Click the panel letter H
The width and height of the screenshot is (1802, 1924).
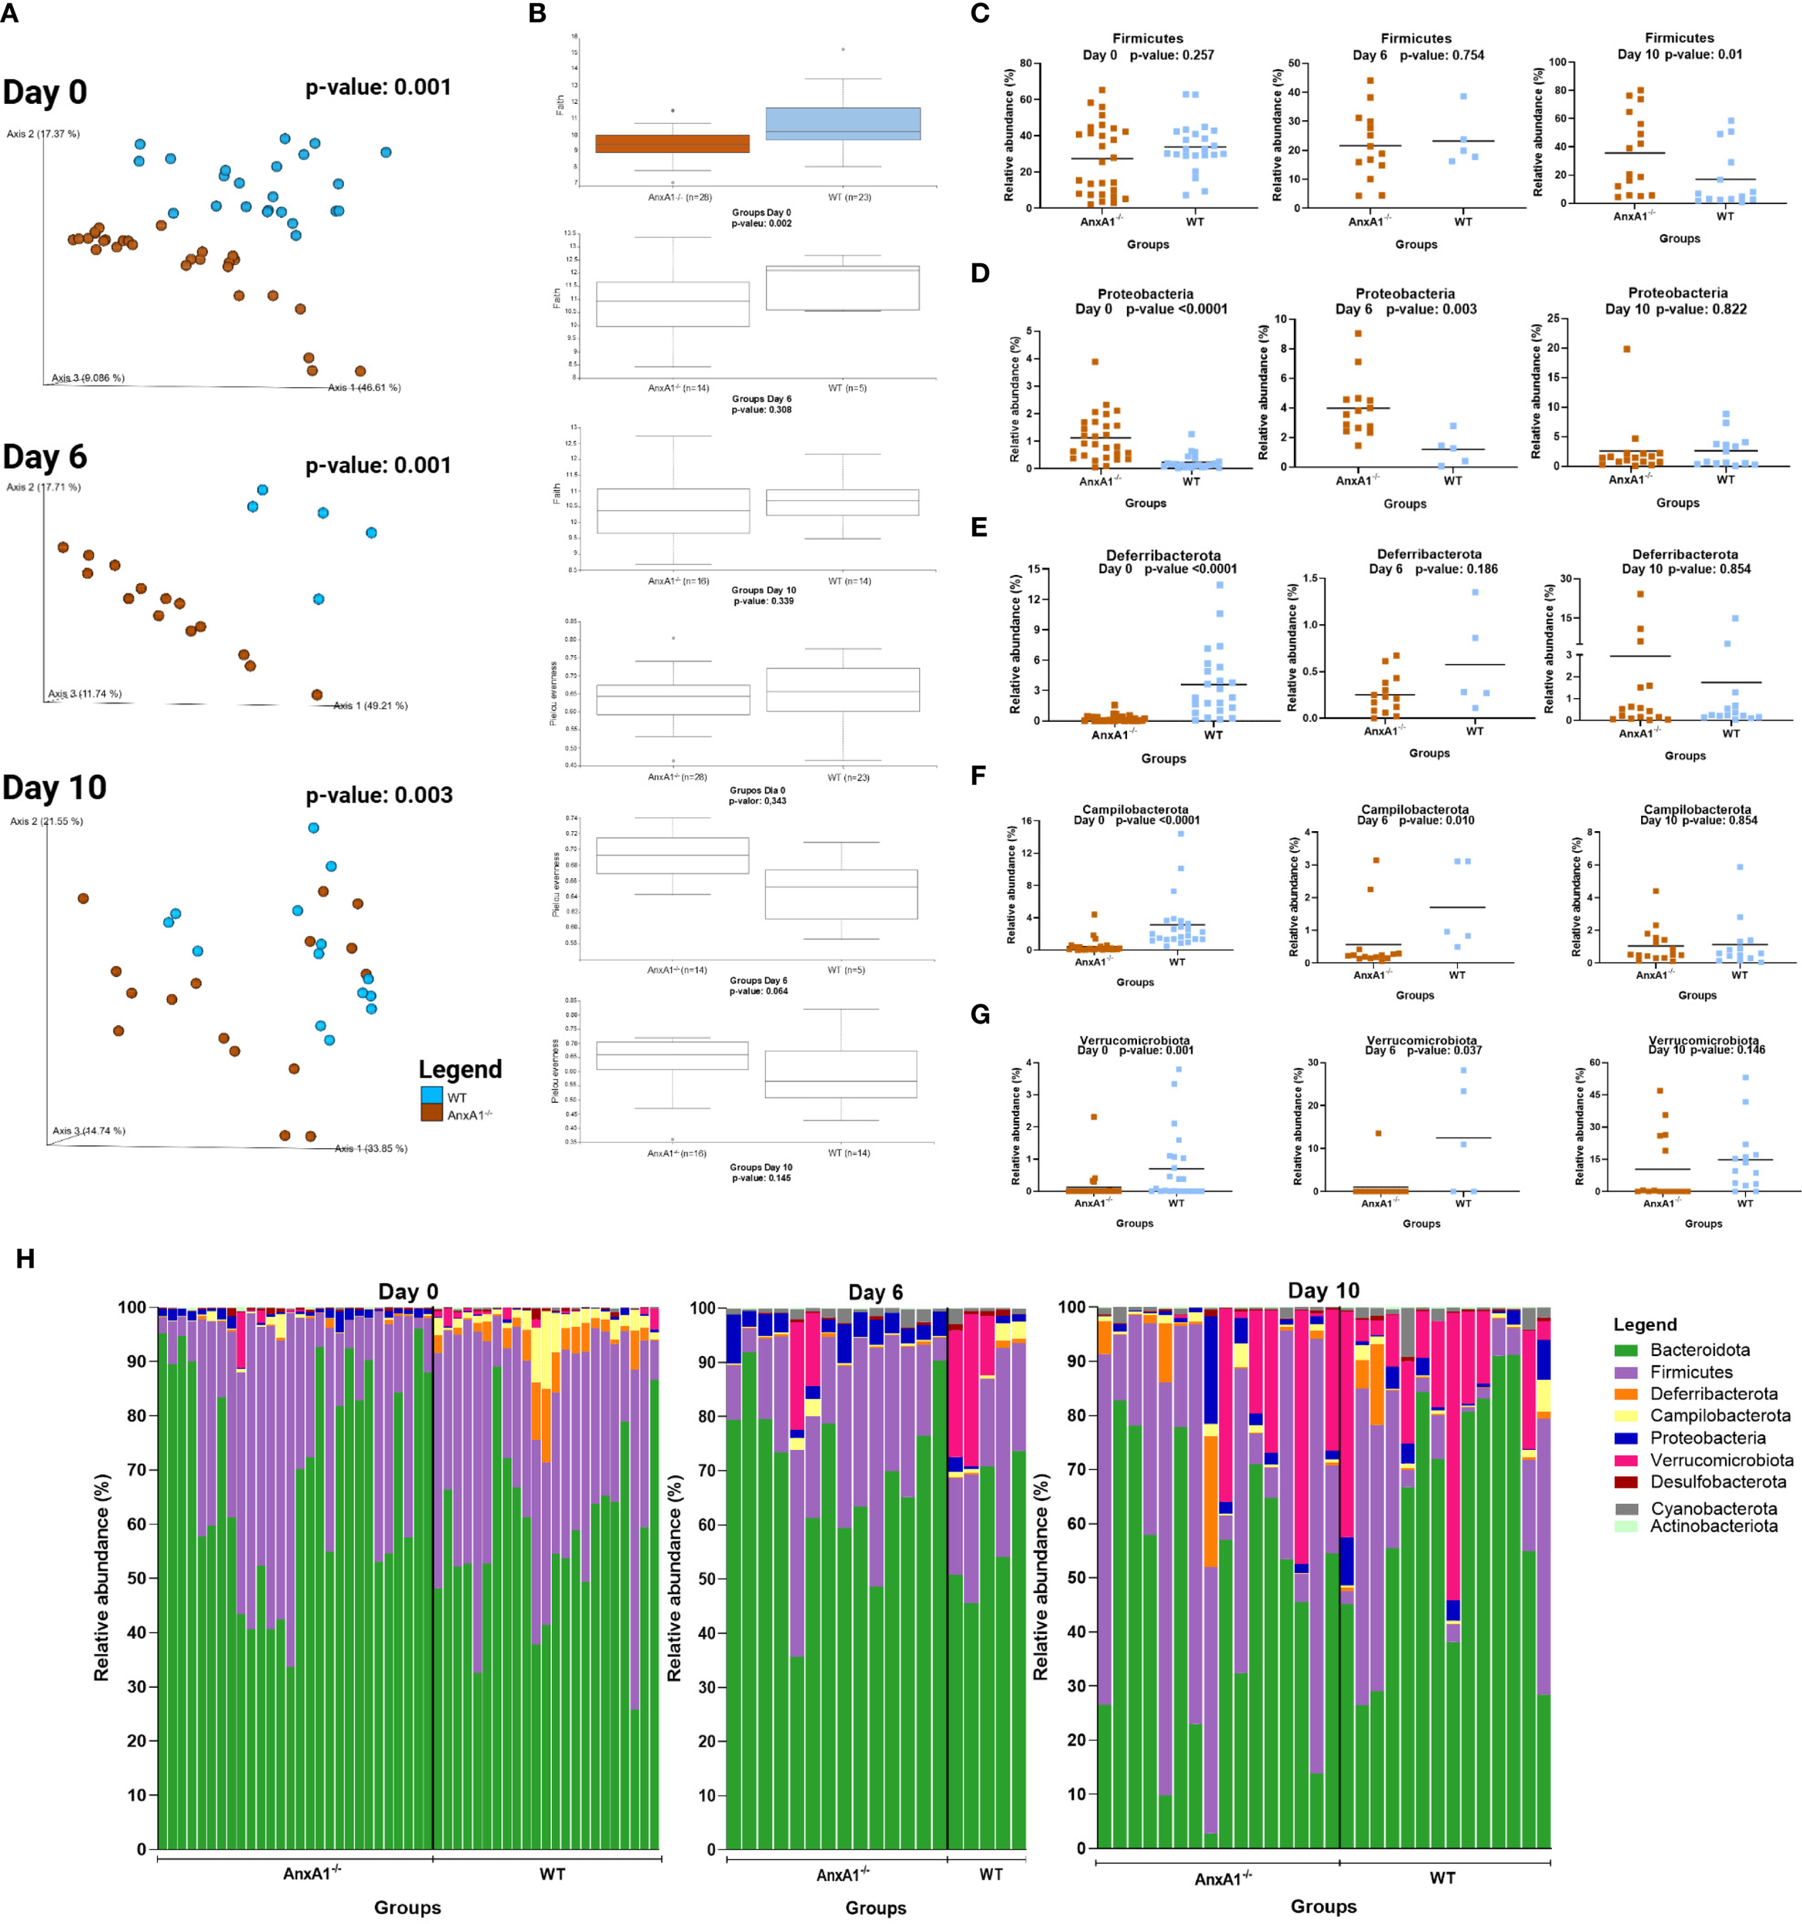25,1258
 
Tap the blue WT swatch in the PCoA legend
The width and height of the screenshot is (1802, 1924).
432,1097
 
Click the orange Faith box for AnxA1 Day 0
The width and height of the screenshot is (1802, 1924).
673,143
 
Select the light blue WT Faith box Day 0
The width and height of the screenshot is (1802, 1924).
842,124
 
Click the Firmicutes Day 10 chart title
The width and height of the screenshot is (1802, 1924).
1679,45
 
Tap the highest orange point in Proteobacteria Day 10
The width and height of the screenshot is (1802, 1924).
1626,349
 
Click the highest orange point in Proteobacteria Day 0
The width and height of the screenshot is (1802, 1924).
1095,362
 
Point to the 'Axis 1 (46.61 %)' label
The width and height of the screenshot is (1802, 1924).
364,387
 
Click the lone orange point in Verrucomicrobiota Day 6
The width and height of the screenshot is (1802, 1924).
1378,1134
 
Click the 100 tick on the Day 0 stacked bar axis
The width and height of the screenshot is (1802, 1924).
132,1308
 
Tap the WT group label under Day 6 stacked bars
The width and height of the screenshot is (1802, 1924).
991,1875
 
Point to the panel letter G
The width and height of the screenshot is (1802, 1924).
979,1015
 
